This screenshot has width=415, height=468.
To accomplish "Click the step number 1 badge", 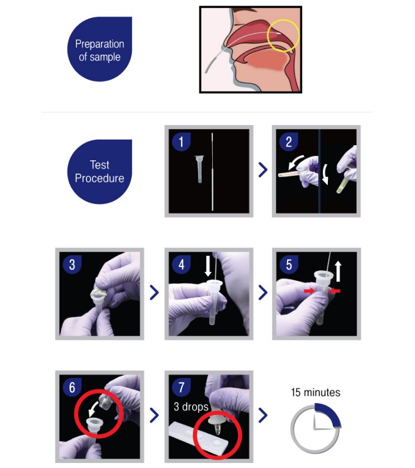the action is [181, 141].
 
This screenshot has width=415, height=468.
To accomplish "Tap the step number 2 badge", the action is [288, 141].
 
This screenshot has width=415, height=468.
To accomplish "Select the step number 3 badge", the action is [72, 265].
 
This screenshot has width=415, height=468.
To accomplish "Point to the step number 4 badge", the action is [181, 265].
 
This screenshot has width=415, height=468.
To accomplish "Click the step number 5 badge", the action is [288, 265].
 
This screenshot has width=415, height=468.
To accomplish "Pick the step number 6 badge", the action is [72, 387].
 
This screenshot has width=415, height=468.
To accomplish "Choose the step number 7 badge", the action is [181, 387].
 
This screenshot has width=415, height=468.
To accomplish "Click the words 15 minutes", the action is [316, 392].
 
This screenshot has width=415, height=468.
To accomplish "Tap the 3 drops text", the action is [191, 407].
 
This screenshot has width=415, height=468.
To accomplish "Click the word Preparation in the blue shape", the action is [100, 44].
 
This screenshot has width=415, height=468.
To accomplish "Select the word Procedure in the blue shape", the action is [100, 178].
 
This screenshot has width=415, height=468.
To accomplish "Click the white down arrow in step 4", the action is [208, 266].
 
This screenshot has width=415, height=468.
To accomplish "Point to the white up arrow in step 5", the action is [338, 271].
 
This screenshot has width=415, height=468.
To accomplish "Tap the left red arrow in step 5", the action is [309, 291].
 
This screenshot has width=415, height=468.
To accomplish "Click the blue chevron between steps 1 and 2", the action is [263, 170].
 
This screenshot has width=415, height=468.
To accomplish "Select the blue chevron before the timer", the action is [263, 415].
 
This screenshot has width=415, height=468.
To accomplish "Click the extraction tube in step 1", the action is [199, 169].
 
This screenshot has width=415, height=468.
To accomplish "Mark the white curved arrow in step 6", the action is [94, 408].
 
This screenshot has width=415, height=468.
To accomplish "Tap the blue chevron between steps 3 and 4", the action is [154, 293].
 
